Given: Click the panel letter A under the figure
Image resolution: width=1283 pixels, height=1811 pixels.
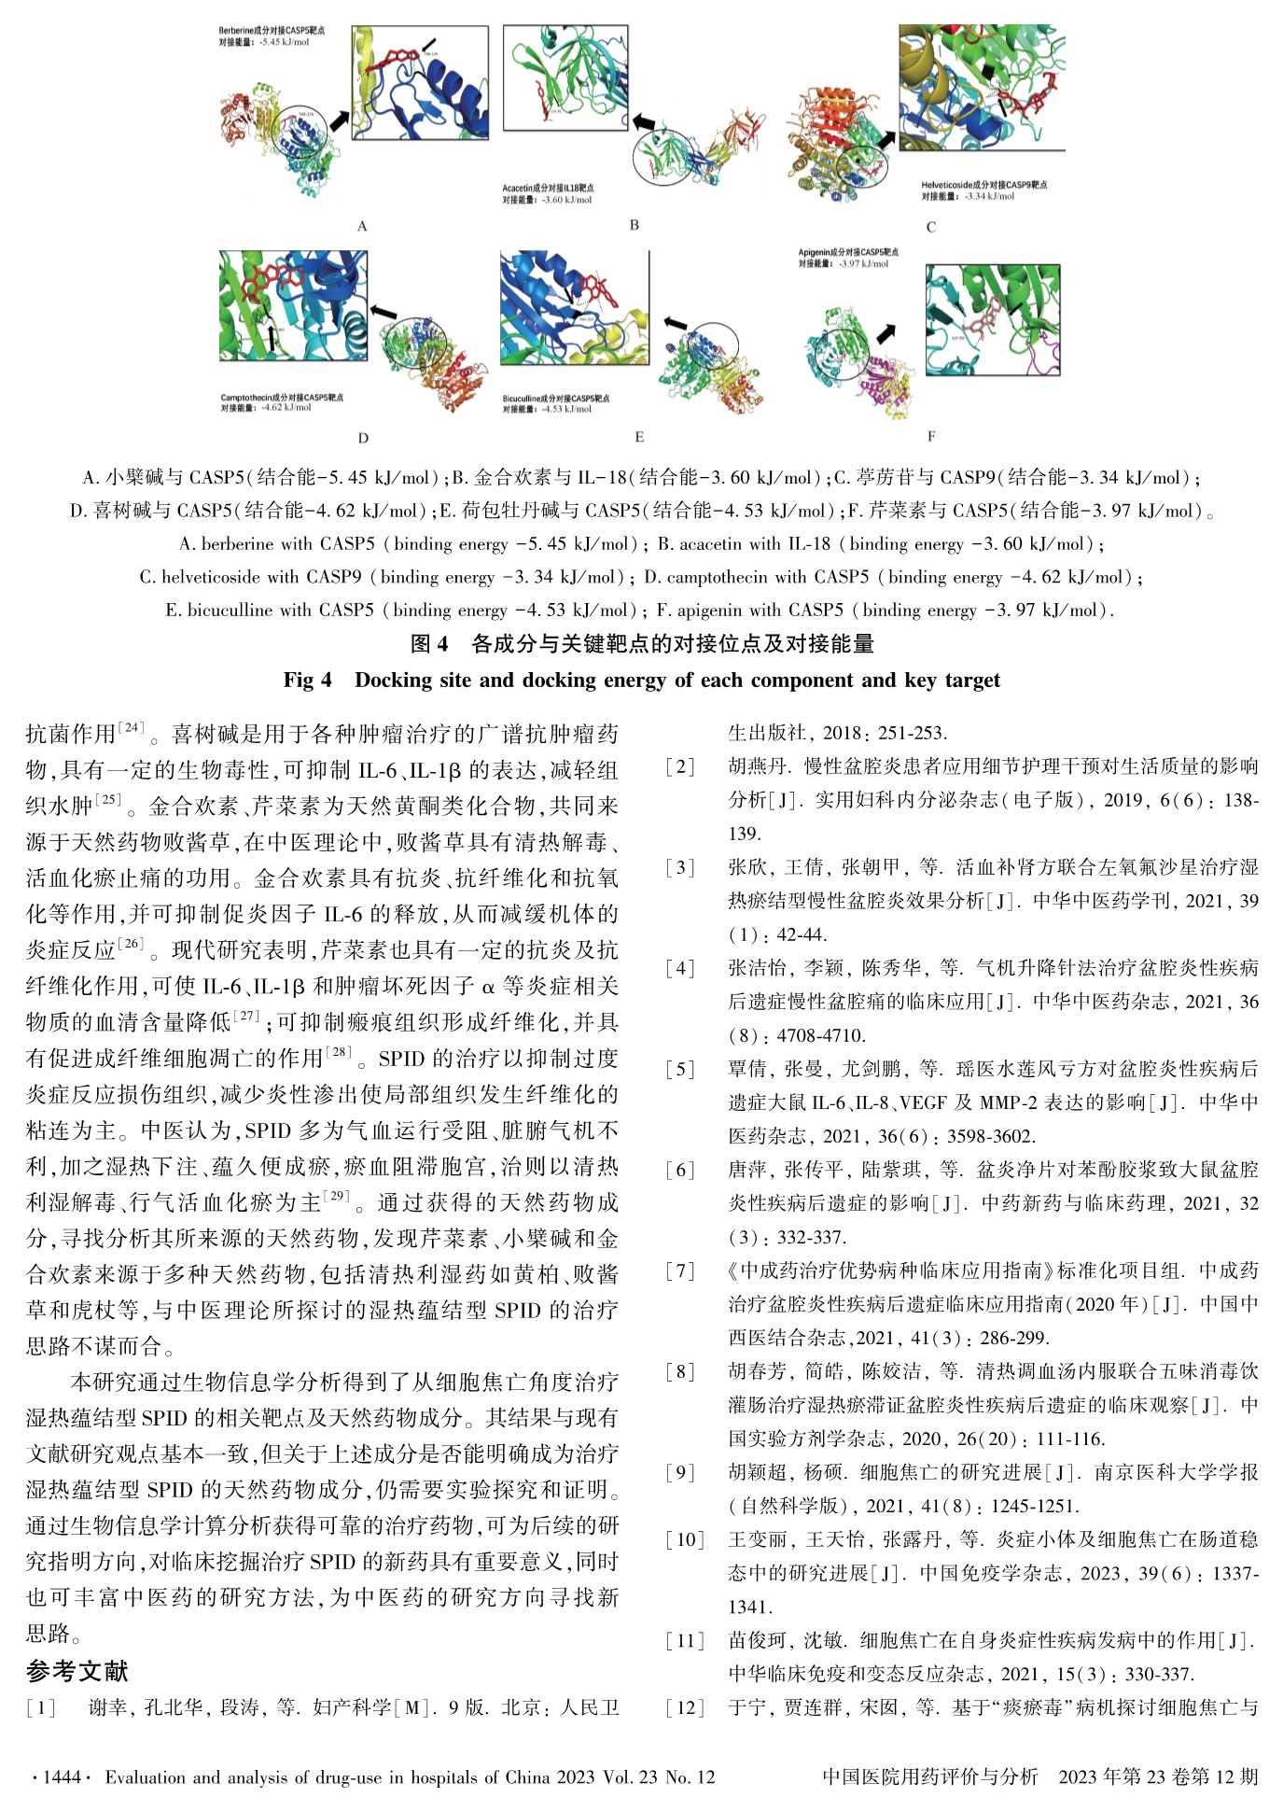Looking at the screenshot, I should (x=362, y=226).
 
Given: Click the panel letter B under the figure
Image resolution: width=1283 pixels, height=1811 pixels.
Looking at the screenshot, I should (x=635, y=225).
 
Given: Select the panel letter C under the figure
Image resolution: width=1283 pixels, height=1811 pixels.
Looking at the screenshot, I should (x=930, y=227).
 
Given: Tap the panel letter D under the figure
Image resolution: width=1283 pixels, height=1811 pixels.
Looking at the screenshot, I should (x=363, y=438).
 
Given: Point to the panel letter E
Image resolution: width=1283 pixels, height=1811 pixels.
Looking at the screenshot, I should (x=639, y=437).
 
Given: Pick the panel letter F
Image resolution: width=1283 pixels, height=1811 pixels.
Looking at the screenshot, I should (x=931, y=436).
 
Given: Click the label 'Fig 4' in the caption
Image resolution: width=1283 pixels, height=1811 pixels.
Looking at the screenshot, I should (x=307, y=680).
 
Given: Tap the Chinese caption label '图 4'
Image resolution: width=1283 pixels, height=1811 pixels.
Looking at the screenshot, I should (x=429, y=644).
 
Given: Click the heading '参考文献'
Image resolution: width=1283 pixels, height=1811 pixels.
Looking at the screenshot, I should (x=77, y=1670).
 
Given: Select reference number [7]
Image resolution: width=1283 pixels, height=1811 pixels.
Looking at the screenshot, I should (x=680, y=1271).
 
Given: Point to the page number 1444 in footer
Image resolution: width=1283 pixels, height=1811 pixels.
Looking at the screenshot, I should (x=63, y=1776).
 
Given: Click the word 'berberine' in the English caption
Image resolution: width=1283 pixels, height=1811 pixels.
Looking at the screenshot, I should (x=237, y=543).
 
